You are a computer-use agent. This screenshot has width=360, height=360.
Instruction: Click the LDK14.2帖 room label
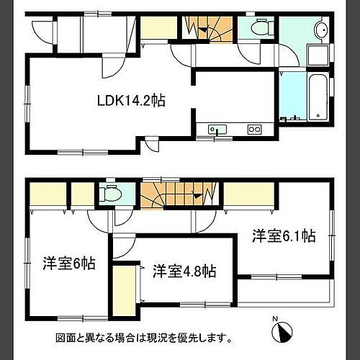132,101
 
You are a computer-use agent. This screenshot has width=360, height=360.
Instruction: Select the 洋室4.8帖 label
184,271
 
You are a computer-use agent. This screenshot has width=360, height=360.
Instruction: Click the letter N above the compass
274,318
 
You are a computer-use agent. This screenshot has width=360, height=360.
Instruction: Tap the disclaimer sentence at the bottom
144,337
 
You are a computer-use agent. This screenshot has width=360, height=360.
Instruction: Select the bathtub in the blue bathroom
317,96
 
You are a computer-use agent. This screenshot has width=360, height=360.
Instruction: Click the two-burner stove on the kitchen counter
255,130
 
